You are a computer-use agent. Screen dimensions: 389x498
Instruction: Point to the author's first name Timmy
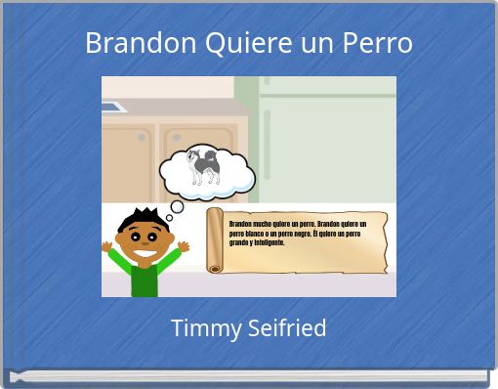200,328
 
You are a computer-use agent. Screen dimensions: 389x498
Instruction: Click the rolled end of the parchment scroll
215,240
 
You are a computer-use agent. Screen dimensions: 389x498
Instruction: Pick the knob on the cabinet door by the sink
142,137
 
